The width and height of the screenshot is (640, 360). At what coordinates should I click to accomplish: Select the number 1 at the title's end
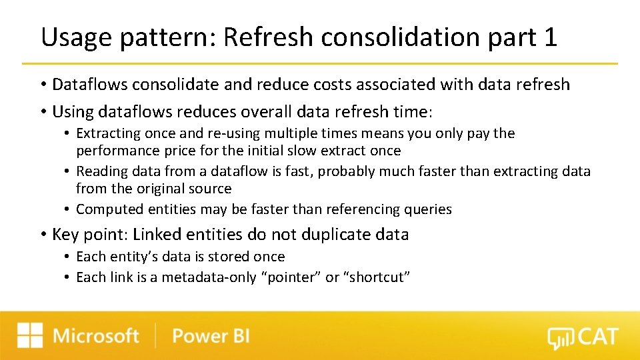coord(549,37)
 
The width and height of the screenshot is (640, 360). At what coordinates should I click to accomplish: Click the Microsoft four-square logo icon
coord(30,335)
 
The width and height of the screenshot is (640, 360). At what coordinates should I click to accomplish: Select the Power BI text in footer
coord(211,335)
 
